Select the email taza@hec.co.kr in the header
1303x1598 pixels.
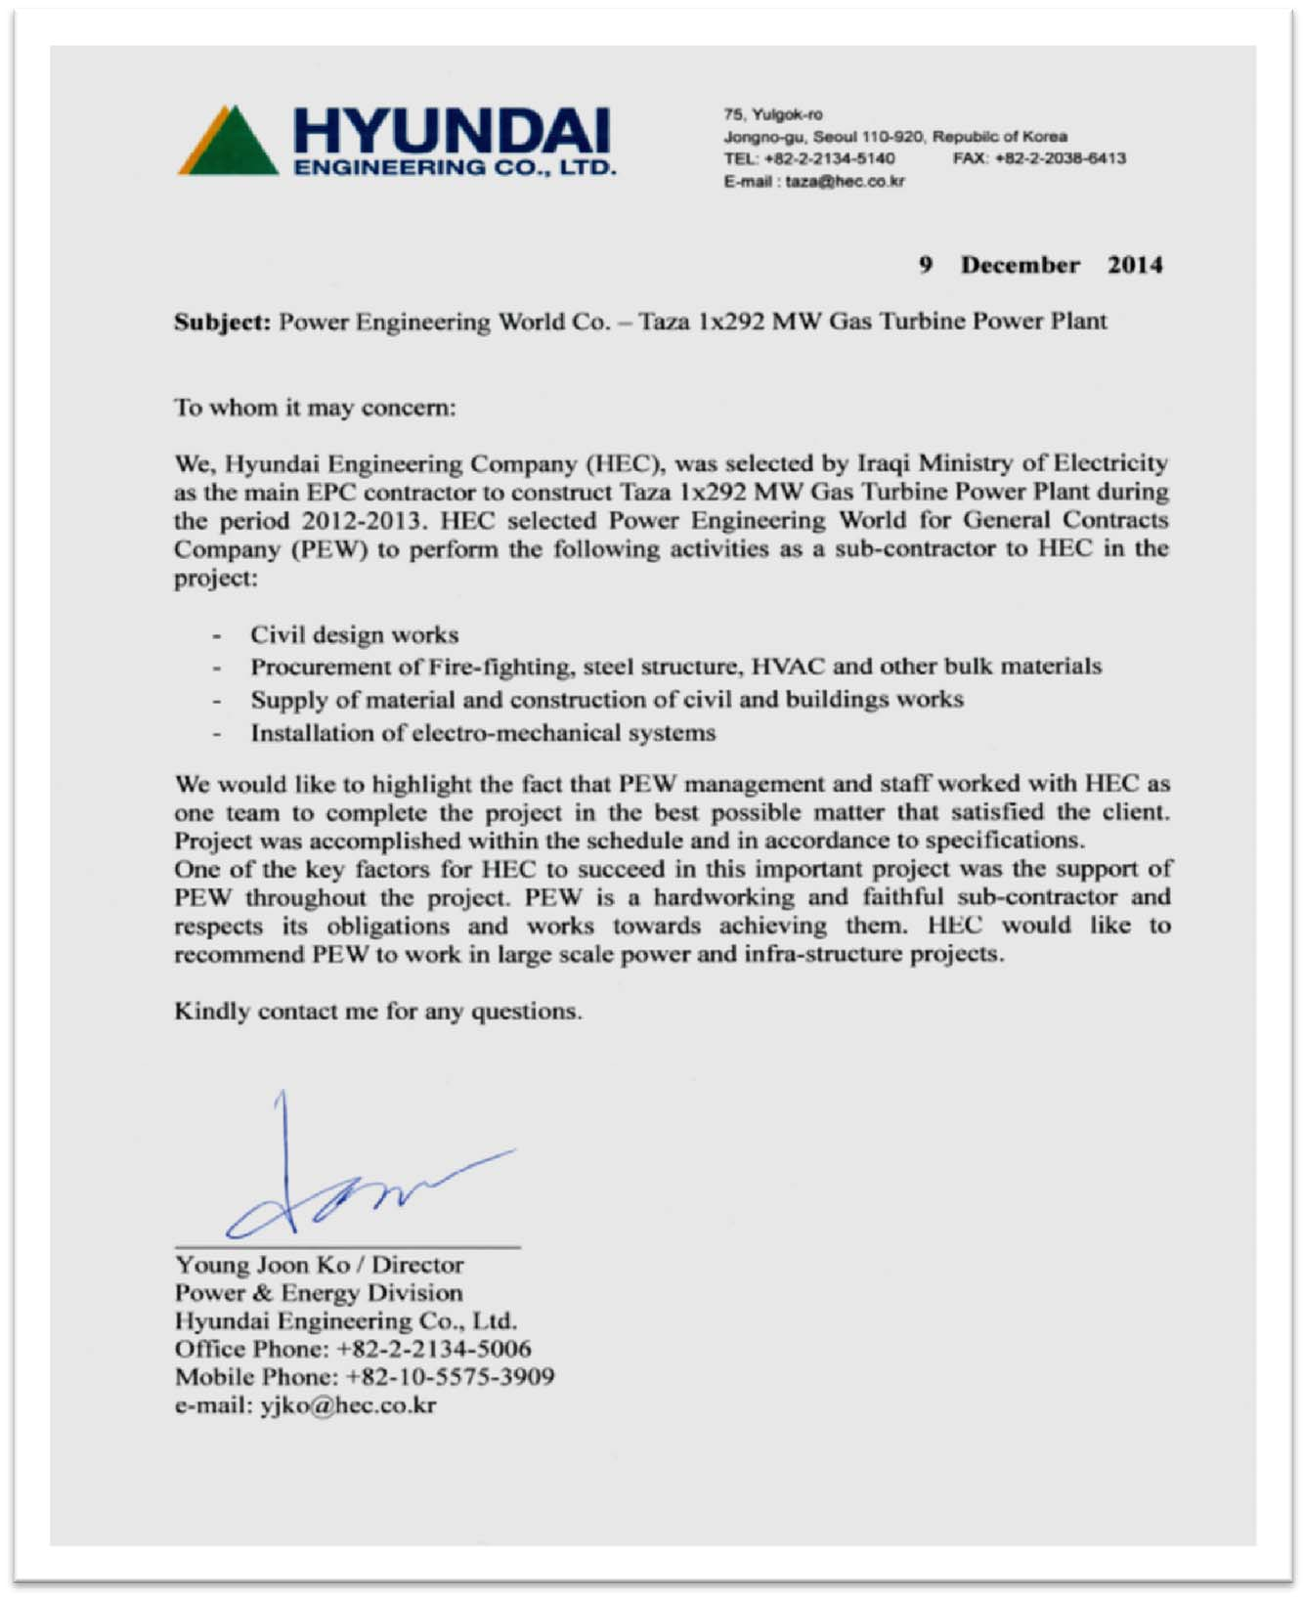click(x=845, y=181)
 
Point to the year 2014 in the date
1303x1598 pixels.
click(x=1135, y=265)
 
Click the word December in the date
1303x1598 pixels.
click(x=1020, y=265)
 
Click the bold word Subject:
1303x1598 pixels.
click(x=222, y=323)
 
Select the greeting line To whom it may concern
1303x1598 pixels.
click(x=315, y=408)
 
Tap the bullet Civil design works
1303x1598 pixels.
click(x=354, y=635)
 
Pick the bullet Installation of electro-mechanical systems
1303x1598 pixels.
click(x=483, y=733)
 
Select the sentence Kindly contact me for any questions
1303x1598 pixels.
click(x=377, y=1012)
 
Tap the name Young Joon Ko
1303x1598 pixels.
click(x=262, y=1265)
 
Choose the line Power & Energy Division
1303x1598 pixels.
click(x=319, y=1293)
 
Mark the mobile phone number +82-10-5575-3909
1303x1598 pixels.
click(x=450, y=1377)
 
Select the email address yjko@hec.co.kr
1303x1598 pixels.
click(x=347, y=1405)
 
